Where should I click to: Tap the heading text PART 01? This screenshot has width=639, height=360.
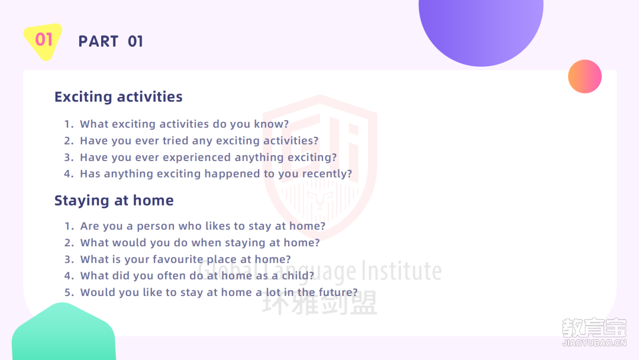[111, 41]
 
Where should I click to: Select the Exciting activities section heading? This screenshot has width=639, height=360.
[118, 97]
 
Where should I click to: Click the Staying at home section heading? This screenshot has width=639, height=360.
[114, 201]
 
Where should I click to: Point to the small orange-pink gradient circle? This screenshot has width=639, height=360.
[585, 76]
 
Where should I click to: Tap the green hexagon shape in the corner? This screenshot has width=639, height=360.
[63, 332]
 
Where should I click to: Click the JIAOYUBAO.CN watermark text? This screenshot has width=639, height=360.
[594, 343]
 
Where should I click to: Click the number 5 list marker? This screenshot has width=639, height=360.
[67, 292]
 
